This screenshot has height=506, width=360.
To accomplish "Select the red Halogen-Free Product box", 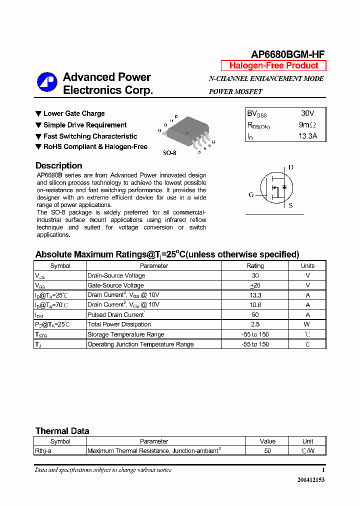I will pyautogui.click(x=273, y=65).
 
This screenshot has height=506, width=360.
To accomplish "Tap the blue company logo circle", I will pyautogui.click(x=47, y=83).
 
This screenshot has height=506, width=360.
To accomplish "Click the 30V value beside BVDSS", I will pyautogui.click(x=307, y=113).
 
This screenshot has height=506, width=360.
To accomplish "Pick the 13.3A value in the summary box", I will pyautogui.click(x=307, y=136).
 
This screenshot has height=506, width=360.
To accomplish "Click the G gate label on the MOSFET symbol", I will pyautogui.click(x=251, y=194).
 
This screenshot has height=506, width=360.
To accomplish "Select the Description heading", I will pyautogui.click(x=59, y=165).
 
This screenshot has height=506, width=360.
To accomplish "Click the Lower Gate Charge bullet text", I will pyautogui.click(x=74, y=113).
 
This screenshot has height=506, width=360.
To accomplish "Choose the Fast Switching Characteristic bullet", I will pyautogui.click(x=90, y=136).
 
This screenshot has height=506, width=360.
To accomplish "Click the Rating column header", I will pyautogui.click(x=255, y=266).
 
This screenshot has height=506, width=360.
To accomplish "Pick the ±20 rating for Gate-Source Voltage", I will pyautogui.click(x=255, y=285).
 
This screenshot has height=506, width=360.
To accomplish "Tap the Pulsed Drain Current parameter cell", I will pyautogui.click(x=116, y=315).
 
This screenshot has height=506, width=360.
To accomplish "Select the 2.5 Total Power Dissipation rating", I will pyautogui.click(x=255, y=324).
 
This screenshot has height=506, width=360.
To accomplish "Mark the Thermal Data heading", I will pyautogui.click(x=62, y=431).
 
